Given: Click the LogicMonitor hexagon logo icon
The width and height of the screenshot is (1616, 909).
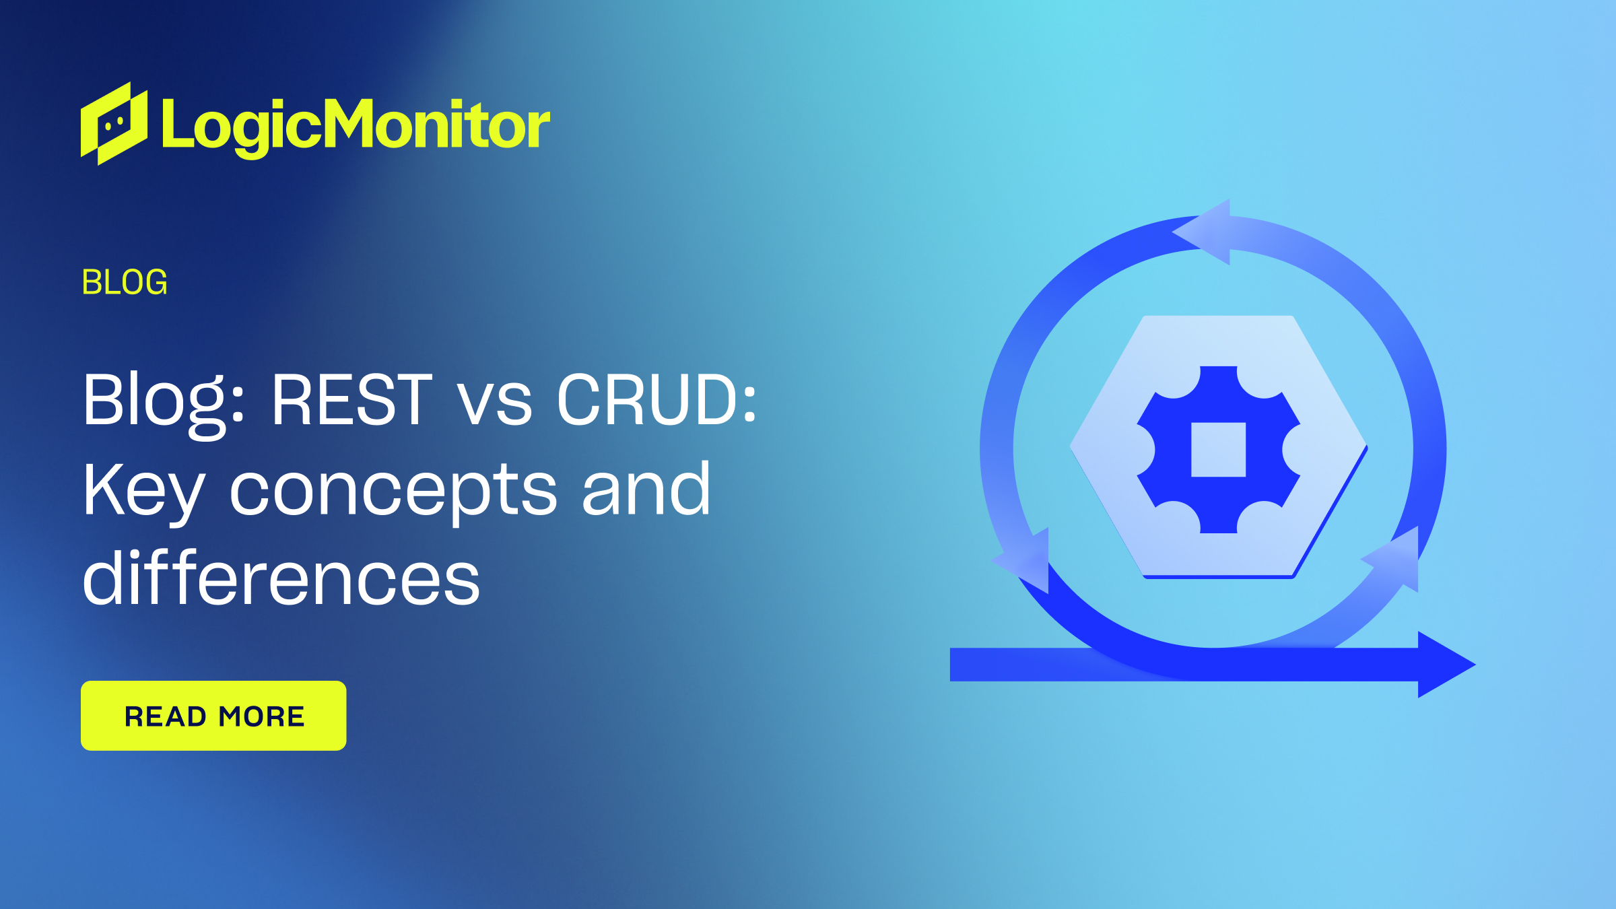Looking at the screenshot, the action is (114, 123).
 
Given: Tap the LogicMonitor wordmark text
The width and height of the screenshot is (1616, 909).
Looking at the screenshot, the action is (356, 127).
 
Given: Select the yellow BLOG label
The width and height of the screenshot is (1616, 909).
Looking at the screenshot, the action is (125, 282).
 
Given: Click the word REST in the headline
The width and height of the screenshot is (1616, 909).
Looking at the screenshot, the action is (351, 400).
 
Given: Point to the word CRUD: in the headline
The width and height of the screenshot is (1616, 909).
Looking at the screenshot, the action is (656, 400).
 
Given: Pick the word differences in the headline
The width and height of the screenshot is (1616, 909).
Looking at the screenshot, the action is (281, 576).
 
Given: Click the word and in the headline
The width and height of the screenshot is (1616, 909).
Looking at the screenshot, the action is (646, 489).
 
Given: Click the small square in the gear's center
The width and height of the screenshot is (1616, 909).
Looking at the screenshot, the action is (1218, 450).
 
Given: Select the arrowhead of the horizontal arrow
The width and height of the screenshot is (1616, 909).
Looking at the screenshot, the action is (1446, 665).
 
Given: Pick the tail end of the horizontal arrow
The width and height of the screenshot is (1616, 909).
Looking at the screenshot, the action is (951, 665).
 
